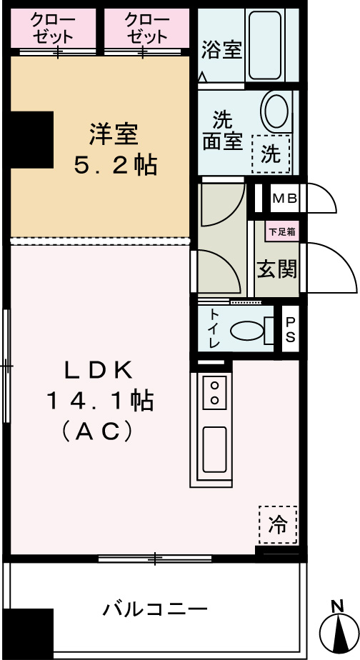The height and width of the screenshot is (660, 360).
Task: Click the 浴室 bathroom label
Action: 221,50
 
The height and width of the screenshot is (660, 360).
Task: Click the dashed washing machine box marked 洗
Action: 271,154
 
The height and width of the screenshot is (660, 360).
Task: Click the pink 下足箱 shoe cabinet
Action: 282,231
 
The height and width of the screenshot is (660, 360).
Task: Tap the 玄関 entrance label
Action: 277,269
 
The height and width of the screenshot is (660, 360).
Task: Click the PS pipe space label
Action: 290,330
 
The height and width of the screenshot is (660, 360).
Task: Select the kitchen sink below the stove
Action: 214,447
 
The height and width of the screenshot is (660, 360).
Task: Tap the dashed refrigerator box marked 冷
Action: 277,525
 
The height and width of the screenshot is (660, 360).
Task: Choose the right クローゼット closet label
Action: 146,28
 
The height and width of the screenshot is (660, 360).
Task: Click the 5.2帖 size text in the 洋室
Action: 115,166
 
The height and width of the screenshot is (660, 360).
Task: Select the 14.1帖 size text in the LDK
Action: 99,401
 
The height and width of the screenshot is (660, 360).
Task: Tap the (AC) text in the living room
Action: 99,431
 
